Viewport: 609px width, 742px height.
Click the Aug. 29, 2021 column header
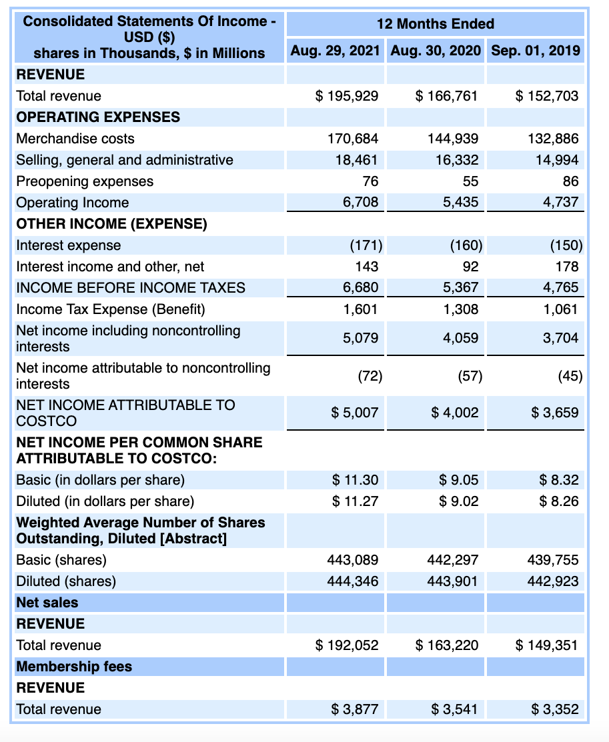point(336,51)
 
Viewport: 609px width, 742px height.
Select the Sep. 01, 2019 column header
point(535,51)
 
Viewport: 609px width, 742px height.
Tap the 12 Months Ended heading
point(435,24)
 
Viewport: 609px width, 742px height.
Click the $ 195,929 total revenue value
point(347,96)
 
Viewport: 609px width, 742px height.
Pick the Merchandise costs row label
point(75,139)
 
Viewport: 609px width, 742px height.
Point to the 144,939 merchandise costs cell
point(453,139)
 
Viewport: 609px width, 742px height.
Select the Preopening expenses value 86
point(570,181)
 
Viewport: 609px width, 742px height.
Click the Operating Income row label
point(73,203)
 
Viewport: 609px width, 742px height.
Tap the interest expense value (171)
point(366,245)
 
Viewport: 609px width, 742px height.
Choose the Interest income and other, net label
point(110,267)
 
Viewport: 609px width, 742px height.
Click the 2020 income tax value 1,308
point(461,309)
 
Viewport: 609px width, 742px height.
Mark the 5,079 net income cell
point(361,338)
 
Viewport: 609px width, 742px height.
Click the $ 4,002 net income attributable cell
point(455,413)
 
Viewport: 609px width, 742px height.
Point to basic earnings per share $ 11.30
point(356,480)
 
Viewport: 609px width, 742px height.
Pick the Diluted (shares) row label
point(66,581)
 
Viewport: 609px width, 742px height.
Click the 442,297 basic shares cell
point(453,560)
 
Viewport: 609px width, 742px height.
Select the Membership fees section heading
point(74,667)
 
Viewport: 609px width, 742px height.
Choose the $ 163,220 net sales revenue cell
point(447,645)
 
